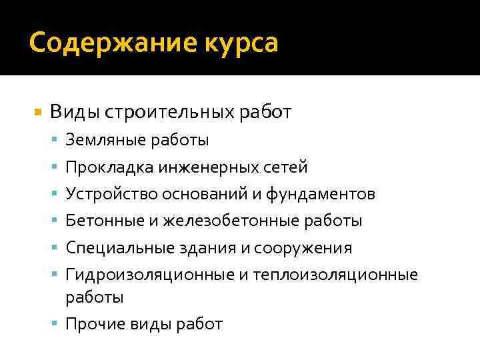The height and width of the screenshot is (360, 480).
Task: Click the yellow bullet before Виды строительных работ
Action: [38, 112]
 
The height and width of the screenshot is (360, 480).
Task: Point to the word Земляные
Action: [98, 140]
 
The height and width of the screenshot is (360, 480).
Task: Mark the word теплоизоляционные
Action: [335, 275]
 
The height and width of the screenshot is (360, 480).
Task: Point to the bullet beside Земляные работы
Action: [57, 140]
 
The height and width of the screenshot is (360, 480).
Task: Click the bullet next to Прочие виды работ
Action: [57, 324]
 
